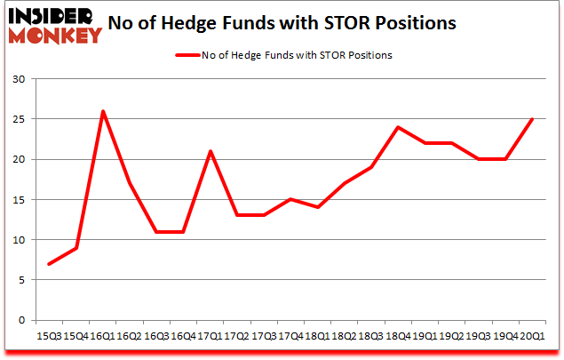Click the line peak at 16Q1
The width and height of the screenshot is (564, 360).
click(x=104, y=111)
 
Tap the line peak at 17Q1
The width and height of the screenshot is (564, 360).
click(x=211, y=151)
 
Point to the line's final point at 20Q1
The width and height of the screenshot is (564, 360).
click(x=531, y=119)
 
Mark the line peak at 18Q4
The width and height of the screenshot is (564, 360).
click(x=398, y=127)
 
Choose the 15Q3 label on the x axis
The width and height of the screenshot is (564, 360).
click(x=50, y=336)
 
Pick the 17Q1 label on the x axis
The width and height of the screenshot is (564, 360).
click(x=211, y=336)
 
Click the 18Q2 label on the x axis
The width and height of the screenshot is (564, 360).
click(x=344, y=336)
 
